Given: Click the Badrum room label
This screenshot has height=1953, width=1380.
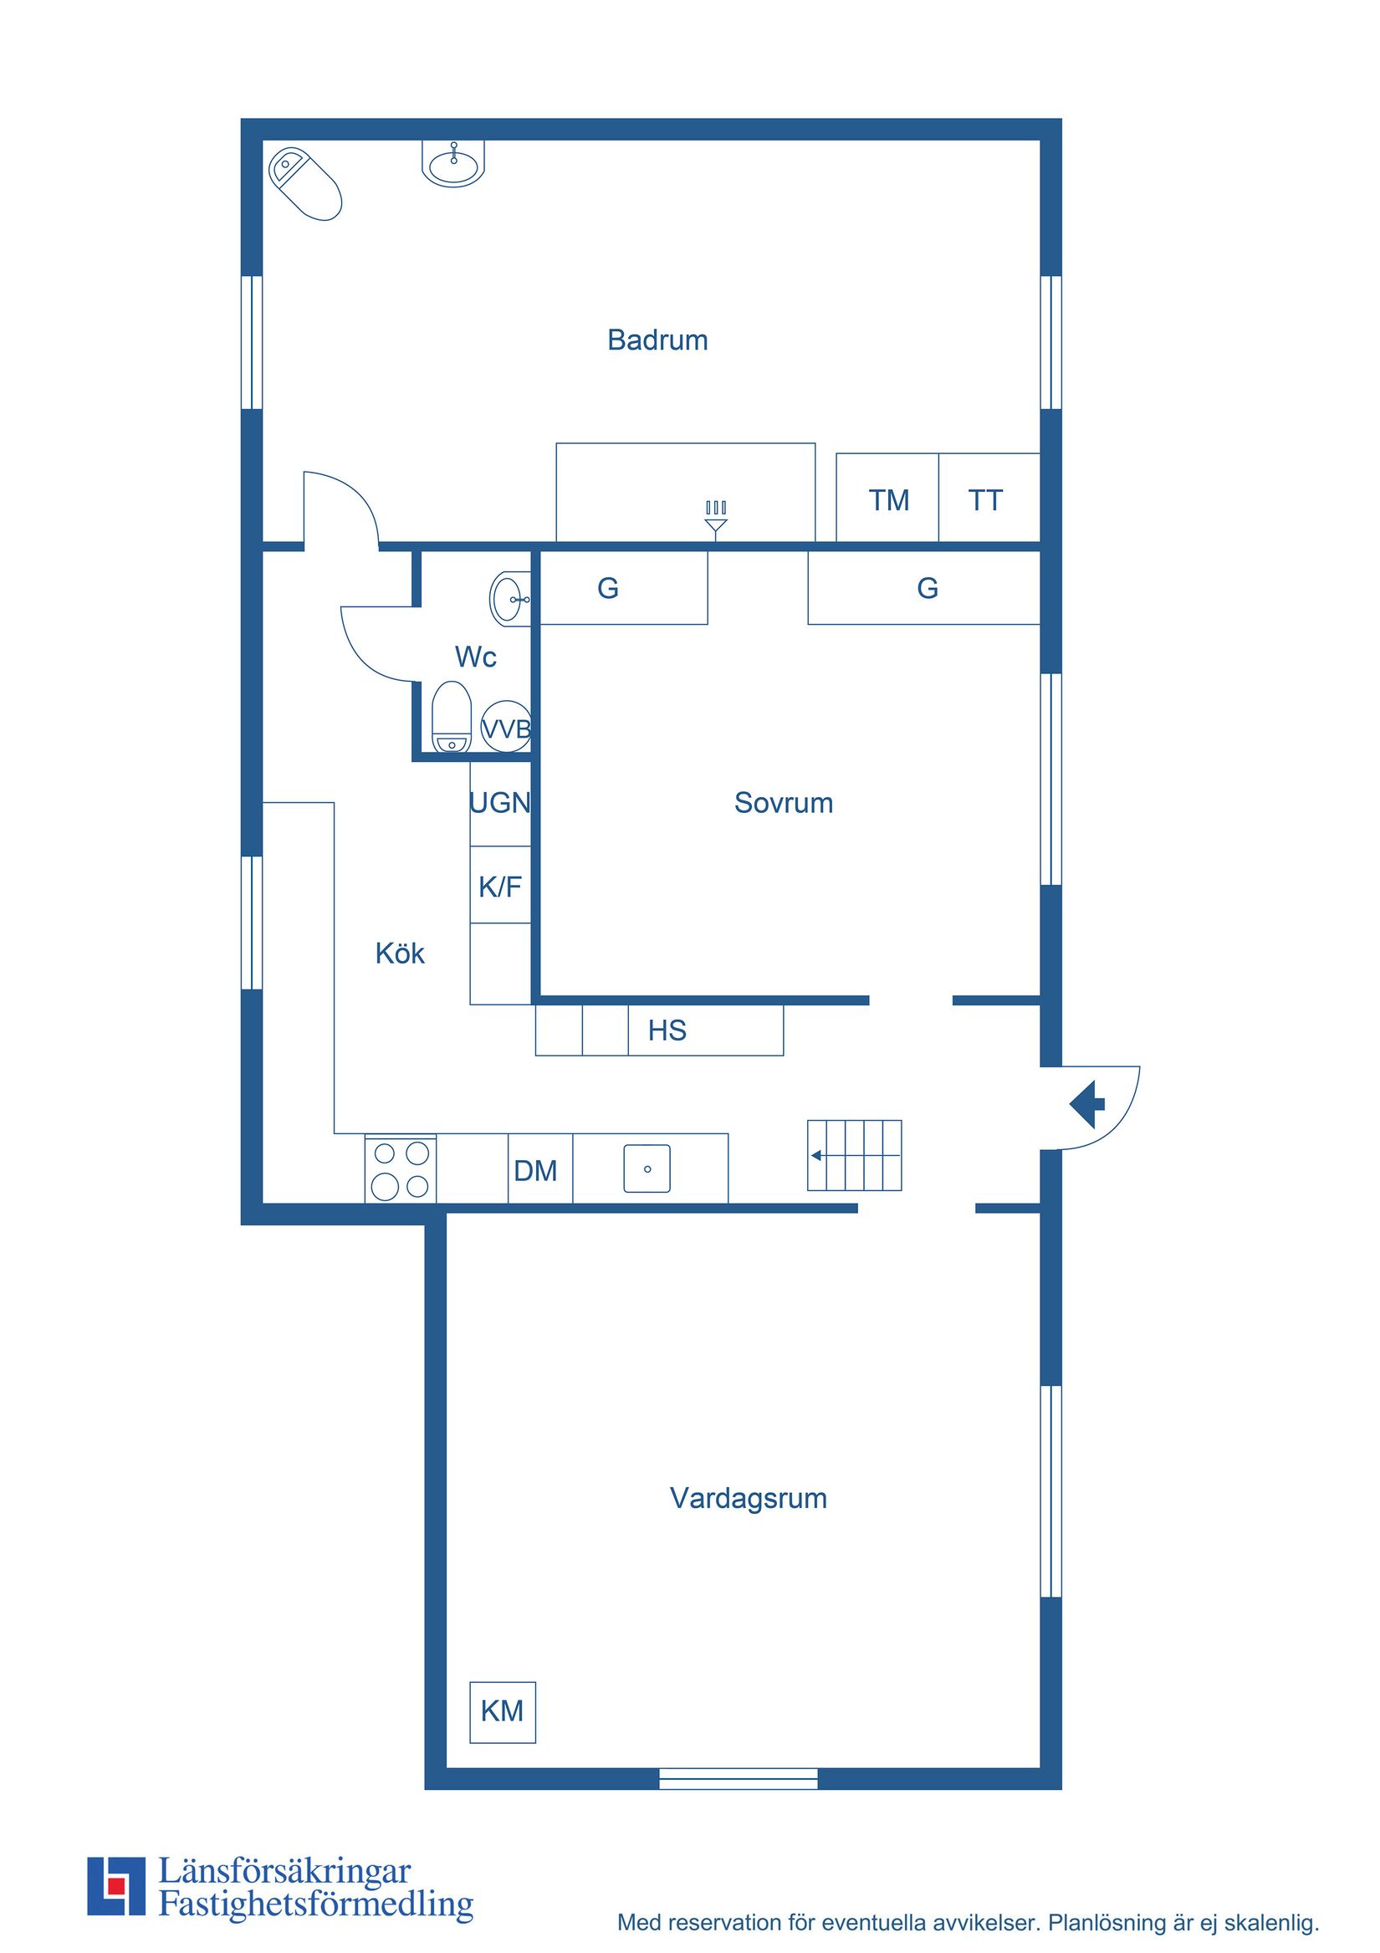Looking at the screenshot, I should pyautogui.click(x=657, y=340).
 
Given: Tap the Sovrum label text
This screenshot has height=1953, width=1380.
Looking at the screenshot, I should pyautogui.click(x=783, y=802).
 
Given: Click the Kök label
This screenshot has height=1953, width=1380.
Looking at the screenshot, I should pyautogui.click(x=399, y=953).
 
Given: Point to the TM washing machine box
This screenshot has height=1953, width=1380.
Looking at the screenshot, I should pyautogui.click(x=887, y=499).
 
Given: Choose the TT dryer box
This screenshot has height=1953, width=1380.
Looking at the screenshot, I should pyautogui.click(x=985, y=499).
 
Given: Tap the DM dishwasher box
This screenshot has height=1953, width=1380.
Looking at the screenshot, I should pyautogui.click(x=536, y=1170).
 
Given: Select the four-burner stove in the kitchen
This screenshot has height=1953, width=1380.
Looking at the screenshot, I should pyautogui.click(x=401, y=1169).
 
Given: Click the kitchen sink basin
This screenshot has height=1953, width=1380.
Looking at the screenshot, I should pyautogui.click(x=647, y=1168).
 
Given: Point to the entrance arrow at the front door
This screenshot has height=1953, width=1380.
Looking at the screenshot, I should pyautogui.click(x=1086, y=1105).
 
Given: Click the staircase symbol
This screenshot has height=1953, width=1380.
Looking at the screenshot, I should pyautogui.click(x=854, y=1155).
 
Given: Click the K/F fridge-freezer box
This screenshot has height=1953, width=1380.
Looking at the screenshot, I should pyautogui.click(x=500, y=887).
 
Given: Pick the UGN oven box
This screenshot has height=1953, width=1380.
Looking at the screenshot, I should pyautogui.click(x=500, y=802).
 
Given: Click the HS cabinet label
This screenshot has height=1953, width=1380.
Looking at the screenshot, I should pyautogui.click(x=667, y=1030).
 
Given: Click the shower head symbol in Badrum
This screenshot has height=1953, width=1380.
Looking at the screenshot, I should pyautogui.click(x=716, y=518).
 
